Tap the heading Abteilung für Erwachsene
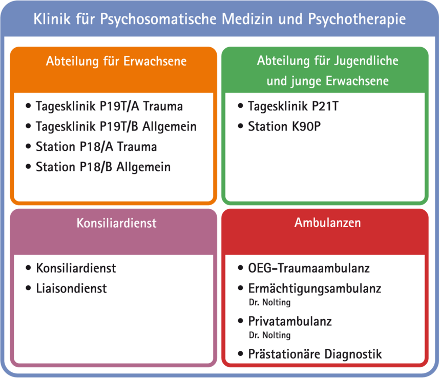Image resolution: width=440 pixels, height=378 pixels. click(116, 61)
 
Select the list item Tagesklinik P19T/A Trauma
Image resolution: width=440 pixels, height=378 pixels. click(109, 107)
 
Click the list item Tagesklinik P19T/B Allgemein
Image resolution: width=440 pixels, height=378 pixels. click(116, 127)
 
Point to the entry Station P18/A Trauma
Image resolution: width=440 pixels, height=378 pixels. click(96, 147)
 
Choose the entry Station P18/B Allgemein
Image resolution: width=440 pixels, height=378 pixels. click(103, 167)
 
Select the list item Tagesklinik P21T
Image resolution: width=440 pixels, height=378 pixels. click(293, 107)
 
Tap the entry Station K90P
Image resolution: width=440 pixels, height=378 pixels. click(284, 127)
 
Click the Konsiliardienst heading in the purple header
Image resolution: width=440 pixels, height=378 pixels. click(116, 223)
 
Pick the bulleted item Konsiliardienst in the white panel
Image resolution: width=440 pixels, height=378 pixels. click(76, 268)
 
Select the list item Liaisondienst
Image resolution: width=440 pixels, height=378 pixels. click(71, 288)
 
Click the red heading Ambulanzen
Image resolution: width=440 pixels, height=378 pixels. click(327, 223)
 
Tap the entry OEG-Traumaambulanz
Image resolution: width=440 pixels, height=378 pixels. click(309, 268)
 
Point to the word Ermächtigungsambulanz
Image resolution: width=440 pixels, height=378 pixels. click(315, 289)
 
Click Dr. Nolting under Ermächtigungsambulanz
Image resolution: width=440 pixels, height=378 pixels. click(269, 303)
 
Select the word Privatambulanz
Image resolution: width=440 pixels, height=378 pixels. click(290, 321)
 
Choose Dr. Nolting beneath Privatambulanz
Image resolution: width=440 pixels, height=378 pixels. click(269, 335)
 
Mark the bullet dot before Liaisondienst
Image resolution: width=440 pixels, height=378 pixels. click(28, 288)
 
